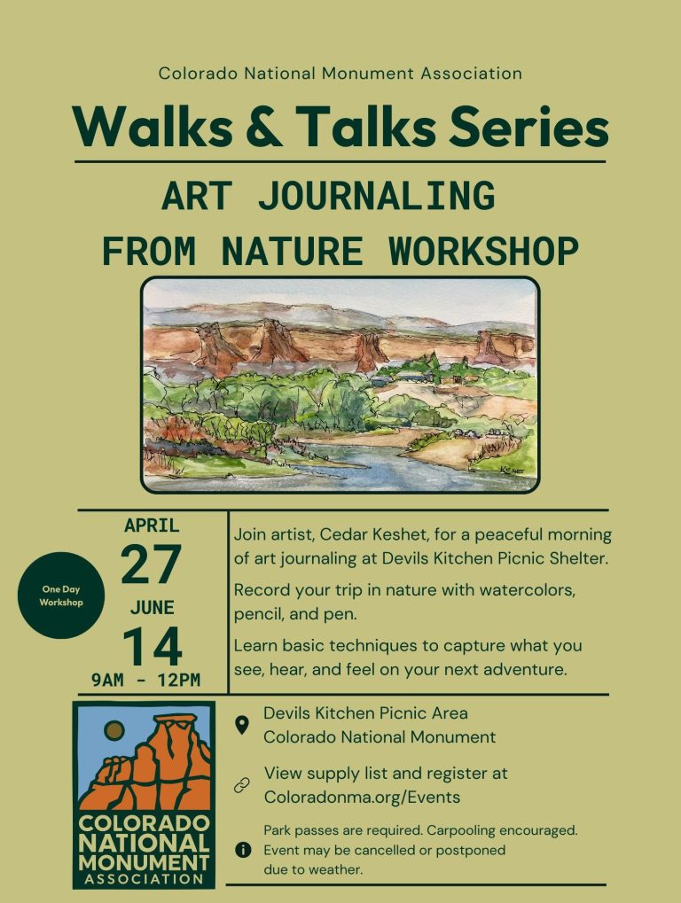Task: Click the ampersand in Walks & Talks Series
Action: coord(264,127)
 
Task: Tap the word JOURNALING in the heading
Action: coord(376,196)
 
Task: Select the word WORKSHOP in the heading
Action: coord(483,251)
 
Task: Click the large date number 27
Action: coord(151,564)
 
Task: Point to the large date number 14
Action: coord(153,646)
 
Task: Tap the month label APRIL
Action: coord(152,525)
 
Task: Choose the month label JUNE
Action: coord(152,608)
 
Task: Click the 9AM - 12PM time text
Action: coord(145,680)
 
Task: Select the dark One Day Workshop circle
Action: coord(61,596)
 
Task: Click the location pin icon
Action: coord(242,725)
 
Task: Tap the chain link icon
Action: coord(242,785)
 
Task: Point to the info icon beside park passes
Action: coord(243,850)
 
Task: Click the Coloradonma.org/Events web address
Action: coord(362,797)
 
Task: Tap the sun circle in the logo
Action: coord(114,731)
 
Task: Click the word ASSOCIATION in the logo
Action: coord(144,879)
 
